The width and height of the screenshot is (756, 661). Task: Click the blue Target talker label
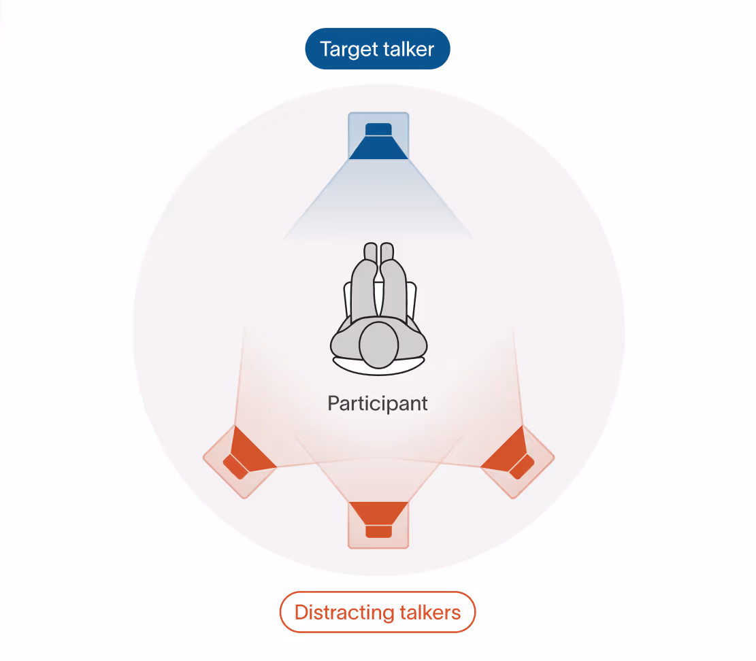click(x=377, y=49)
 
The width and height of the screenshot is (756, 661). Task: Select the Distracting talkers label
click(x=377, y=612)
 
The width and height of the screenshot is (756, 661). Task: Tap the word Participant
click(x=378, y=403)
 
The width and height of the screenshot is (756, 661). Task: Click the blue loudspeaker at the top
click(x=378, y=139)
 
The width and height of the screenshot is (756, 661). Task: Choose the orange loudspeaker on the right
click(x=515, y=456)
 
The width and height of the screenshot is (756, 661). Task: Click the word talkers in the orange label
click(x=429, y=612)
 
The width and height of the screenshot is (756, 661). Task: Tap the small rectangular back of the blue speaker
click(x=378, y=129)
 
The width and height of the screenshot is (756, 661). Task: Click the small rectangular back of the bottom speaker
click(x=378, y=531)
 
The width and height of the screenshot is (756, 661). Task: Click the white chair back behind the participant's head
click(x=378, y=366)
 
